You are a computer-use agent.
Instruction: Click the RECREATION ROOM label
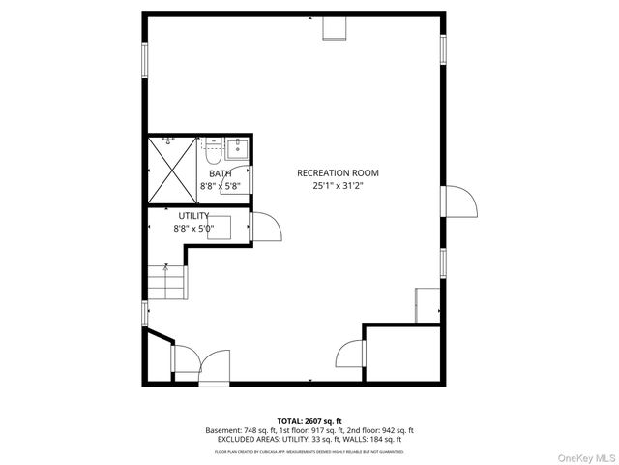point(338,173)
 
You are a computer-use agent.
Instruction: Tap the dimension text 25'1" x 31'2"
point(338,186)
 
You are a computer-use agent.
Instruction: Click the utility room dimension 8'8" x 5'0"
point(201,229)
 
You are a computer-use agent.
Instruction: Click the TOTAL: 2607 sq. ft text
point(309,421)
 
